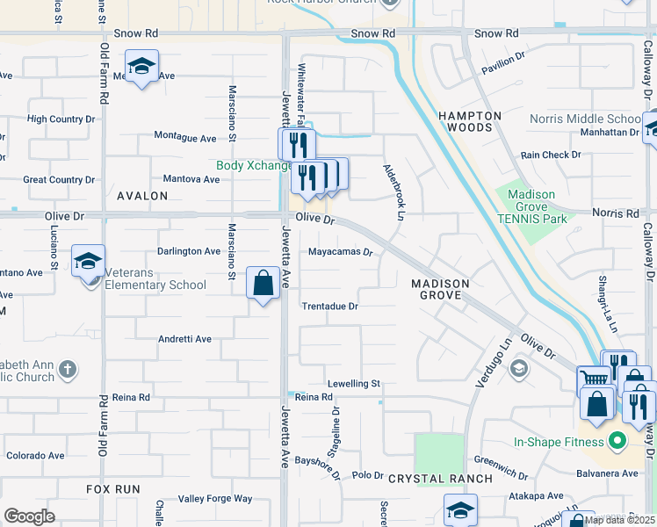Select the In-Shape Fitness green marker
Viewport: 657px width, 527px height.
point(617,440)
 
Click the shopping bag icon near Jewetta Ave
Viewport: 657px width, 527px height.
point(263,283)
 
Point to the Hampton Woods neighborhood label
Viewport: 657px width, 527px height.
point(470,121)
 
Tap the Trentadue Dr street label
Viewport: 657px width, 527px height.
point(330,307)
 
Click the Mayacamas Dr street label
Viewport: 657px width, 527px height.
point(341,251)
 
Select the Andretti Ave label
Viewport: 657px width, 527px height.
point(184,339)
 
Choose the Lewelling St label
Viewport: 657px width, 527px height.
point(353,384)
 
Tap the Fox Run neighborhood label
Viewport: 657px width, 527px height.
point(113,487)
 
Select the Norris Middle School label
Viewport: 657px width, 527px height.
point(585,119)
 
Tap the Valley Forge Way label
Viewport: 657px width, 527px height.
point(215,499)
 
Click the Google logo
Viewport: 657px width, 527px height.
point(29,516)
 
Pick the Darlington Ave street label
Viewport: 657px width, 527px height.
point(189,251)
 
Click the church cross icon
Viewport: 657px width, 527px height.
point(68,369)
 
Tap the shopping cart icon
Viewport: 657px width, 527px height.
point(594,380)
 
